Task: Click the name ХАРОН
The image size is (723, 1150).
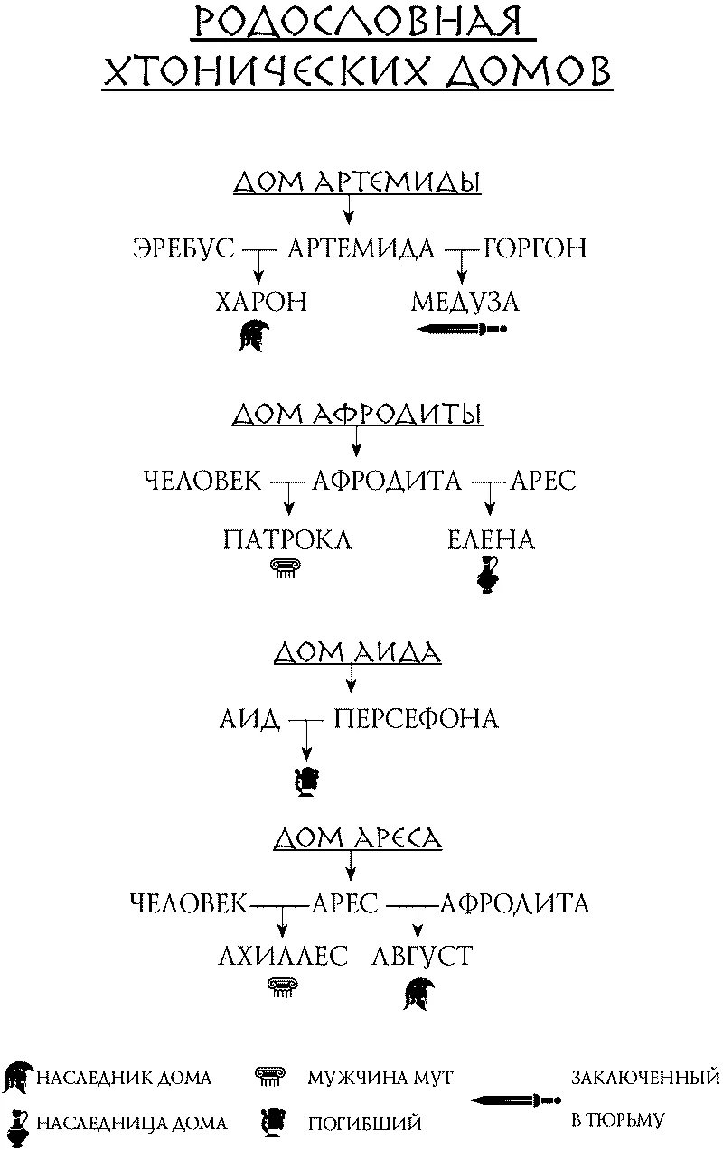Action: (x=261, y=302)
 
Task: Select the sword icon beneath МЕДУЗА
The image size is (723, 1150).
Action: (x=462, y=329)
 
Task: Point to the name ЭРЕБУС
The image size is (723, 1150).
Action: (x=183, y=248)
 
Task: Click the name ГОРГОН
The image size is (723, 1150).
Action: (x=534, y=248)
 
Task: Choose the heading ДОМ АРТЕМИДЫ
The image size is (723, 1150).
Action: (x=357, y=182)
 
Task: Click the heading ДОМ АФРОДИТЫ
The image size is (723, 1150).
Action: (x=357, y=414)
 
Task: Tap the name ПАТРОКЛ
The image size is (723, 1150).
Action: (x=287, y=540)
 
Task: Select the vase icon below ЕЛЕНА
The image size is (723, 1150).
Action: (x=487, y=575)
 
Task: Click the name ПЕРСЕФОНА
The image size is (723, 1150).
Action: (x=416, y=719)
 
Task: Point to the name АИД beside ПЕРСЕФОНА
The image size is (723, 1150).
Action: (x=250, y=719)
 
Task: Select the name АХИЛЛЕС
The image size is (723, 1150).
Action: (x=283, y=956)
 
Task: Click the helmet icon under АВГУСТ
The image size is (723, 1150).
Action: (x=418, y=994)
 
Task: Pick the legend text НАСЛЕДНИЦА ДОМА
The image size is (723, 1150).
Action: (x=131, y=1123)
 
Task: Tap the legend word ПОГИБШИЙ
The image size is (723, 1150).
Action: (x=364, y=1124)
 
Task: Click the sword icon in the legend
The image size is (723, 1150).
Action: (x=516, y=1099)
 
